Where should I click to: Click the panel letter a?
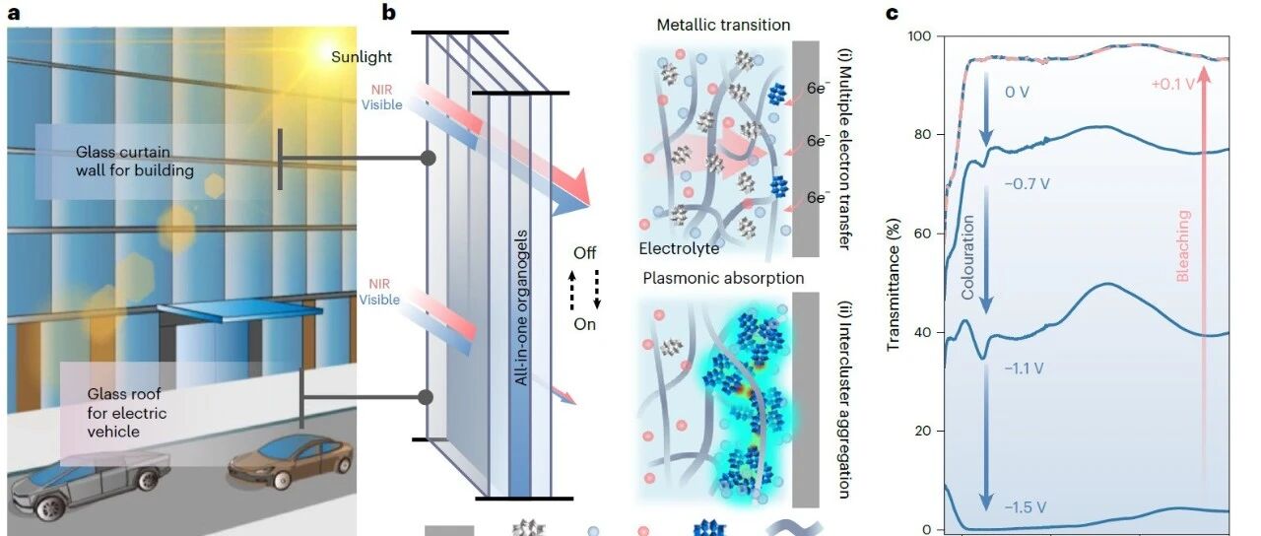[14, 13]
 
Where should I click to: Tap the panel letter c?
[892, 13]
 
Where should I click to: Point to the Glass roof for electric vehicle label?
[127, 412]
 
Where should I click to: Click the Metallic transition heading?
[723, 25]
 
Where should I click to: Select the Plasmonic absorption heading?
[723, 278]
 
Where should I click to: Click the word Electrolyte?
[679, 249]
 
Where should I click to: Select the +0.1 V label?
[1171, 84]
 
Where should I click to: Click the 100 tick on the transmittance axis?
[921, 36]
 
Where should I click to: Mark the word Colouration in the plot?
[967, 257]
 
